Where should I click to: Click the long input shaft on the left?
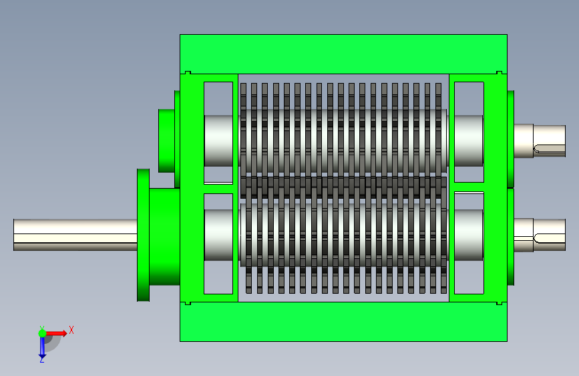[x=75, y=235]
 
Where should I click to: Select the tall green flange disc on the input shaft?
[x=144, y=235]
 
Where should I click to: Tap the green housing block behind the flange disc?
[x=165, y=236]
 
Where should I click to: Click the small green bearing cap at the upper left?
[x=166, y=140]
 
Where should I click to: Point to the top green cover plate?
[x=343, y=54]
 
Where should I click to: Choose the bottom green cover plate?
[x=343, y=322]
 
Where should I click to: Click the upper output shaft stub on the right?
[x=540, y=140]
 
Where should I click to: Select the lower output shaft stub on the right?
[x=540, y=235]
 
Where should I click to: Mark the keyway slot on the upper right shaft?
[x=550, y=149]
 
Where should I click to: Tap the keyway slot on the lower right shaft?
[x=550, y=239]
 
